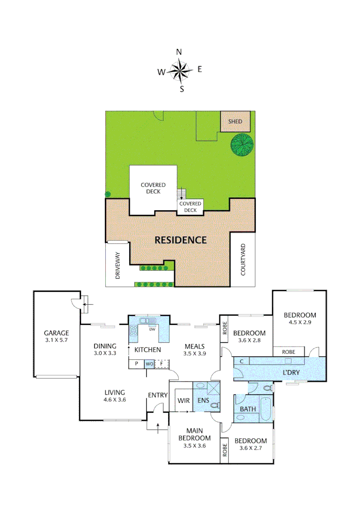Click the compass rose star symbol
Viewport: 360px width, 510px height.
point(180,71)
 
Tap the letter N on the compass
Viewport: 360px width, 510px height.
point(179,52)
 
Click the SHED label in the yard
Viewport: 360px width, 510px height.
point(235,122)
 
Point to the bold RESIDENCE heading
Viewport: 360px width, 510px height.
point(181,240)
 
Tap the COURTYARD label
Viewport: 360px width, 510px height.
point(243,260)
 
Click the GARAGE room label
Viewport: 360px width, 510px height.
point(56,332)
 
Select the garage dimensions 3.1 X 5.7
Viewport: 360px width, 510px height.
point(56,340)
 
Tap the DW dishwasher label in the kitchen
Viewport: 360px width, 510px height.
point(152,330)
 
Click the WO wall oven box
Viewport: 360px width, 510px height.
point(149,364)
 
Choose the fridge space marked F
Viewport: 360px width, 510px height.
point(162,364)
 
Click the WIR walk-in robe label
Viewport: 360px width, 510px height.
point(184,400)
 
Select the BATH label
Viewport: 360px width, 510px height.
point(248,409)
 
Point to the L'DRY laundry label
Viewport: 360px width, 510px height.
point(292,373)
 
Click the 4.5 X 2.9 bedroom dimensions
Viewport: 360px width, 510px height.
point(300,323)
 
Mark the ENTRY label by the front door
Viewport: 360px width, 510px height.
point(157,395)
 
